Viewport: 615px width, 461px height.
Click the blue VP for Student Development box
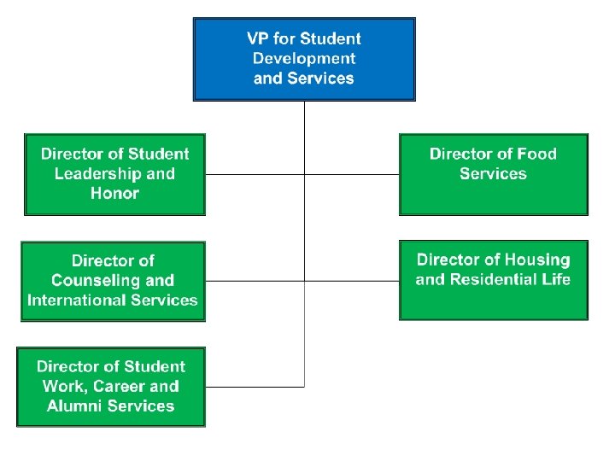tap(304, 59)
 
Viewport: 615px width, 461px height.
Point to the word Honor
tap(114, 194)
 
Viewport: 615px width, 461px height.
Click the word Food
tap(537, 155)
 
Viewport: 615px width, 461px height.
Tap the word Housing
tap(537, 260)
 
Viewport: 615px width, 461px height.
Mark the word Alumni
tap(75, 406)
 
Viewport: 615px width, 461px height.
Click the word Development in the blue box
tap(304, 59)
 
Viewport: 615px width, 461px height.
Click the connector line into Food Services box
tap(352, 174)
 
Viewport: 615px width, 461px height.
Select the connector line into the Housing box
tap(352, 279)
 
